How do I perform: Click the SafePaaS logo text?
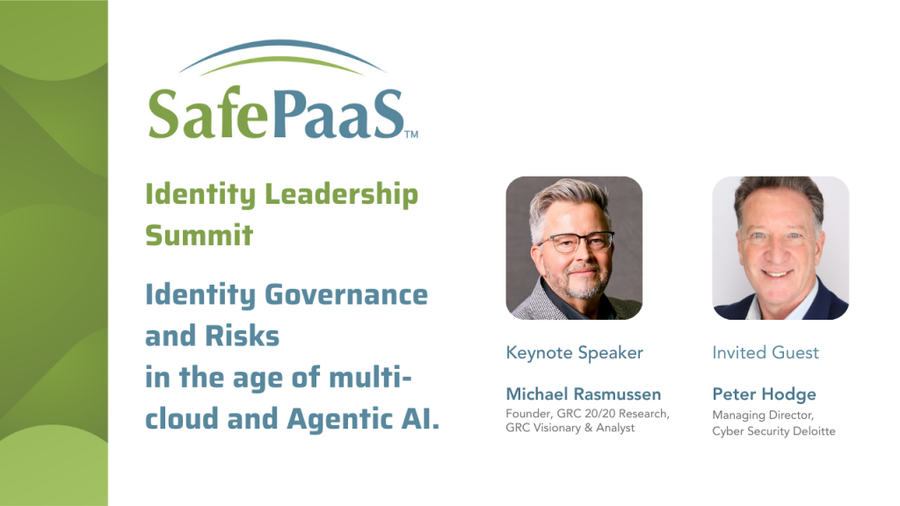[277, 113]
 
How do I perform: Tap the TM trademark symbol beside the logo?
[411, 134]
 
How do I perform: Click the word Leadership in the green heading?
[341, 195]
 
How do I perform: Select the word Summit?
[200, 235]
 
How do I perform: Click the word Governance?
[346, 295]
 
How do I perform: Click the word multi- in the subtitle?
[370, 378]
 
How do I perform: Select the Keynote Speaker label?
[574, 353]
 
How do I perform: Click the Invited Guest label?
[766, 352]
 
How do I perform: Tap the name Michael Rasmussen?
[584, 394]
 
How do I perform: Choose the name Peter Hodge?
[764, 394]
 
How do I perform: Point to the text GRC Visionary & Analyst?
[570, 428]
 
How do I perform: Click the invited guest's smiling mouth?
[778, 274]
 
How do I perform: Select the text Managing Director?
[763, 416]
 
